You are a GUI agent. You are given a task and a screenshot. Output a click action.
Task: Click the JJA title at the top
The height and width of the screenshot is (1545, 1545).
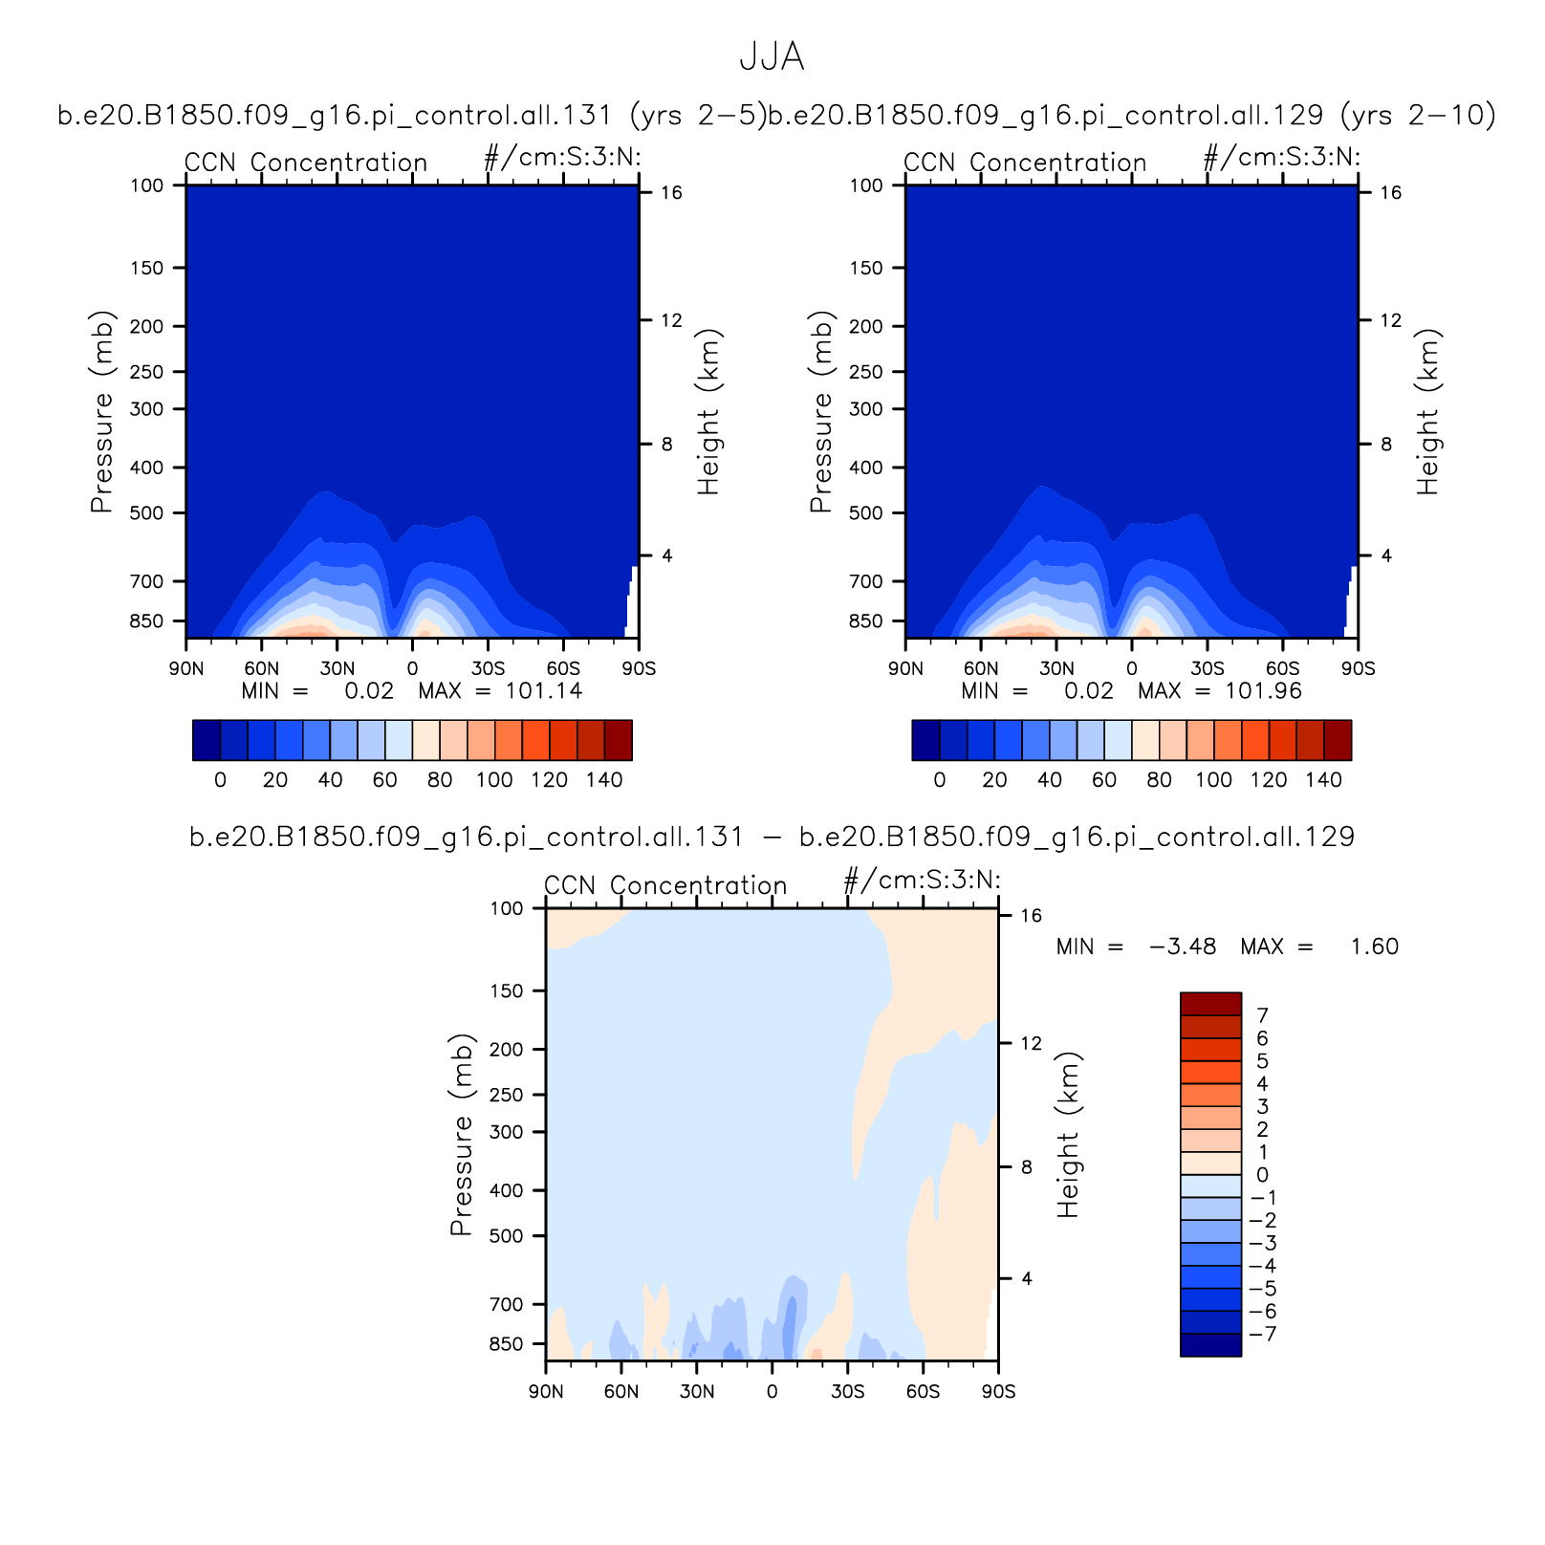coord(772,57)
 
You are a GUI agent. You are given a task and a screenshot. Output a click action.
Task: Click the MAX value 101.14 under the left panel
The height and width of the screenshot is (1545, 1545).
coord(543,691)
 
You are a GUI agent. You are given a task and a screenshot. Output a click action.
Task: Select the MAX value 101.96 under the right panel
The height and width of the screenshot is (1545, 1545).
coord(1263,691)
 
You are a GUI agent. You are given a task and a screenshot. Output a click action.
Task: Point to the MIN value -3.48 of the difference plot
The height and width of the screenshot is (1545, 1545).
coord(1182,947)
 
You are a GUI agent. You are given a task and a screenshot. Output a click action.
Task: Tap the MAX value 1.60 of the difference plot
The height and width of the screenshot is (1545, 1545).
coord(1374,947)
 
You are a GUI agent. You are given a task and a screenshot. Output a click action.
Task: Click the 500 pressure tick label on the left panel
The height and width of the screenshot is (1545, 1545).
coord(147,513)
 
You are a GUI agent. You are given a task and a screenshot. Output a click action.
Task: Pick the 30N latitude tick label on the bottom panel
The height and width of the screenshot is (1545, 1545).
coord(697,1392)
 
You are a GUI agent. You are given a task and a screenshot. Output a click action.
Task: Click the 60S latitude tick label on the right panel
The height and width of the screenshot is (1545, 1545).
coord(1283,669)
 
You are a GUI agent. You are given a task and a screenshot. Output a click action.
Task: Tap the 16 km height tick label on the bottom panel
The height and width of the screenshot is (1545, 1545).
coord(1031,916)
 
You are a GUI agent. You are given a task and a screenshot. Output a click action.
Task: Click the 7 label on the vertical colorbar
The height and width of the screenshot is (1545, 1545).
coord(1262,1015)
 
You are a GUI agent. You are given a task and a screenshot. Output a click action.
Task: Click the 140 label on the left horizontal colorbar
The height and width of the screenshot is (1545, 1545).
coord(604,780)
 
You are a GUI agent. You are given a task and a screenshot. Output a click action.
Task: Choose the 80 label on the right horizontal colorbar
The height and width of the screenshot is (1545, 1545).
coord(1159,780)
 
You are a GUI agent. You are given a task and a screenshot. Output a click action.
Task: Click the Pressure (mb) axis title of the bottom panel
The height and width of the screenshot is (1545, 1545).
coord(462,1134)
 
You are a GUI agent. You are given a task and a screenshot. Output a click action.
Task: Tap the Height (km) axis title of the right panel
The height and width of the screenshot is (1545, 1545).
coord(1427,412)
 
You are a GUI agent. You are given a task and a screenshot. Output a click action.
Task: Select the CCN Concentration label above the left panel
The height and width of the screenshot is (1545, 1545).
coord(306,163)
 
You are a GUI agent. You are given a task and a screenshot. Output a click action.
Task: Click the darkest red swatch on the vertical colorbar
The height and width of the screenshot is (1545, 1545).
coord(1210,1004)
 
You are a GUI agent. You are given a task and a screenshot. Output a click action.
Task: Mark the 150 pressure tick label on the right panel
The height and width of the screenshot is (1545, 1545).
coord(866,269)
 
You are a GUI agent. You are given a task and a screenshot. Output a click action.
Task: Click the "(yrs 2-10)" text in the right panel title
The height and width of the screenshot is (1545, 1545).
coord(1418,115)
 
